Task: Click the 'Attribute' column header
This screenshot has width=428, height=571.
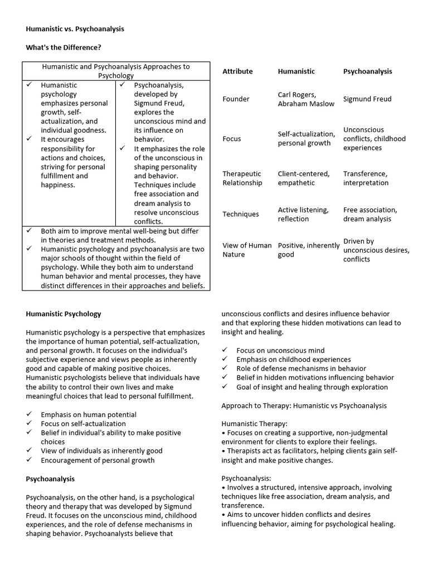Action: (x=237, y=71)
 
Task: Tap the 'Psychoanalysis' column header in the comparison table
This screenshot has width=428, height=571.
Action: (x=367, y=71)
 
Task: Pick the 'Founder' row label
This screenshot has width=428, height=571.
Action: (x=236, y=99)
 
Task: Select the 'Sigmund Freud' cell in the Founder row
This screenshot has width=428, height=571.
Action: (x=367, y=99)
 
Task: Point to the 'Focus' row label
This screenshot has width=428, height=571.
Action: (x=232, y=138)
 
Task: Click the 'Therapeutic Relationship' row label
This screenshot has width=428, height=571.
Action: (x=242, y=178)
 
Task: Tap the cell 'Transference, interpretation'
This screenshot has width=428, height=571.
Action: (x=366, y=178)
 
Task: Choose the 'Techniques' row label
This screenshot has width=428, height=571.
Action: (x=241, y=214)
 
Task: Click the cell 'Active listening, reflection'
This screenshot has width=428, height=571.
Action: (x=303, y=214)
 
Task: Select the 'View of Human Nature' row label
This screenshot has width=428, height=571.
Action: (x=247, y=250)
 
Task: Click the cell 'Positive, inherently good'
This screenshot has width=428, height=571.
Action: (x=308, y=250)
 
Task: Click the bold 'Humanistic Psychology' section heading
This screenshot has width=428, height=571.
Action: (x=64, y=314)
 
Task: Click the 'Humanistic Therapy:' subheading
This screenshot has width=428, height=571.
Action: (x=254, y=424)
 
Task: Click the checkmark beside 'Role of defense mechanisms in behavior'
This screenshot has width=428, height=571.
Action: (x=225, y=369)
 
